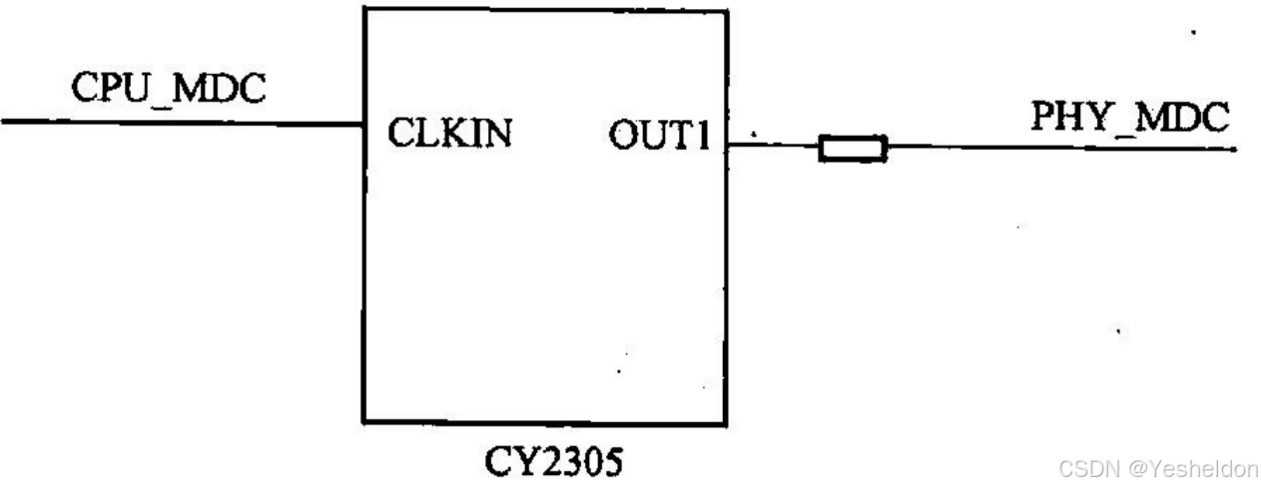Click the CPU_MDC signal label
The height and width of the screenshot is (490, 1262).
click(169, 89)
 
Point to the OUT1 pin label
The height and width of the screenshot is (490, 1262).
click(660, 137)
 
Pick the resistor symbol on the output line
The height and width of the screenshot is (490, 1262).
click(852, 150)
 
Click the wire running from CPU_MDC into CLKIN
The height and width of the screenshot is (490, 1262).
click(180, 123)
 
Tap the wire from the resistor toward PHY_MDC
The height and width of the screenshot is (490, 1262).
click(1058, 151)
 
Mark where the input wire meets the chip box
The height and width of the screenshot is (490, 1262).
click(363, 124)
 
